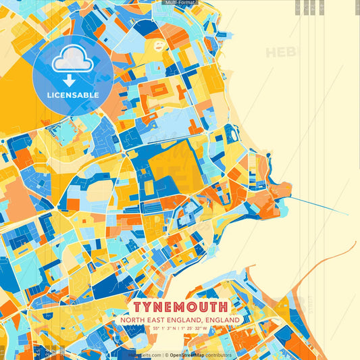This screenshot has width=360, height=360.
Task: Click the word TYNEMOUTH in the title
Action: point(180,306)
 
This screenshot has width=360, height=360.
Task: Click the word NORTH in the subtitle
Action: point(132,319)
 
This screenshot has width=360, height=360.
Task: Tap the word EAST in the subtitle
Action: point(154,319)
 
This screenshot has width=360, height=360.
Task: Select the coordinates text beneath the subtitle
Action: point(180,328)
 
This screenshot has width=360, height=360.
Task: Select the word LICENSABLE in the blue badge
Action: point(72,95)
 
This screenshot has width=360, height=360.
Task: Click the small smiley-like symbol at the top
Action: point(159,47)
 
